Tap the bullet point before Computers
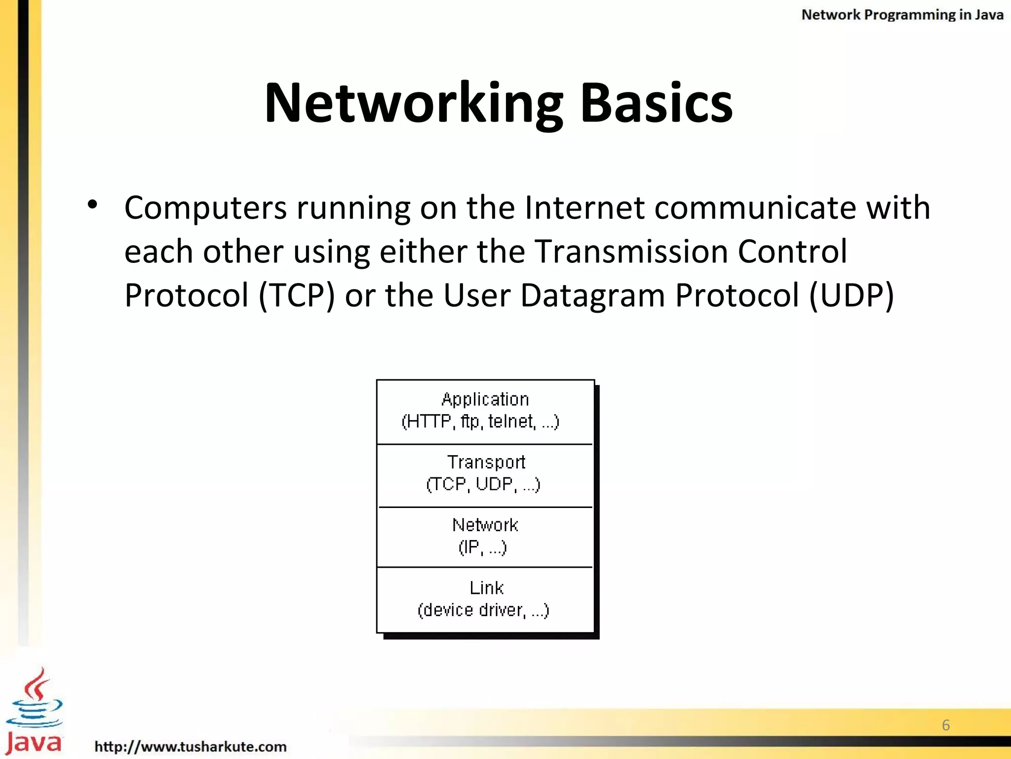(92, 204)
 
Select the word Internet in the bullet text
(584, 207)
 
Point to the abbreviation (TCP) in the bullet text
(297, 295)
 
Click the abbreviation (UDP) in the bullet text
(852, 295)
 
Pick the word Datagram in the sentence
(593, 295)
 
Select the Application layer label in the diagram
(485, 399)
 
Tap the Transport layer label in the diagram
(486, 462)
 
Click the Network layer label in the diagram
(485, 525)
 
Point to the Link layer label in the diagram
(486, 588)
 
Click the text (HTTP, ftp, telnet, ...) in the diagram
(480, 422)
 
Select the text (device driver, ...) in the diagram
(483, 610)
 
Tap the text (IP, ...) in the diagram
(482, 547)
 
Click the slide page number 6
(946, 725)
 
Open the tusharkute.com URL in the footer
(191, 746)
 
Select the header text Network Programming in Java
(902, 15)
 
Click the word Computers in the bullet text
(205, 207)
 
